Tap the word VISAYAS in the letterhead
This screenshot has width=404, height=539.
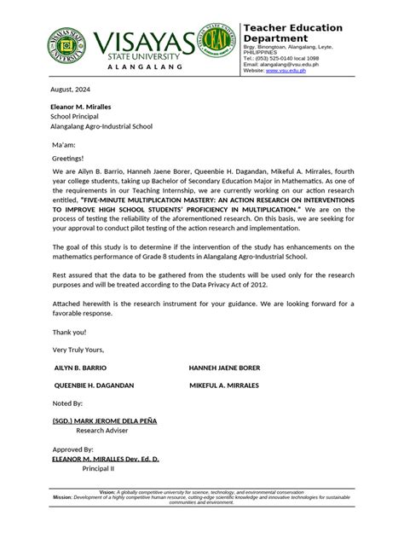point(144,42)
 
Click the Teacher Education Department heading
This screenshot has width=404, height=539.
point(292,33)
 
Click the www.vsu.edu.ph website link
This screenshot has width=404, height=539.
point(286,71)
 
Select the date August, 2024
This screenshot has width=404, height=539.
point(71,90)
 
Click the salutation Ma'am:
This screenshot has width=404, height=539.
point(66,142)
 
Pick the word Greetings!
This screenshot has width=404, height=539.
point(68,158)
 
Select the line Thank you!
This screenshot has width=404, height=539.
point(69,332)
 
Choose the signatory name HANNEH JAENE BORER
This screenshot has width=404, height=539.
point(224,368)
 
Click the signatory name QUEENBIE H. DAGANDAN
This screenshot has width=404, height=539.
point(95,385)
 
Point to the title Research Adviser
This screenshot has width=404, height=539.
point(102,432)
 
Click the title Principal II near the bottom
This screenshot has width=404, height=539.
point(98,468)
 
